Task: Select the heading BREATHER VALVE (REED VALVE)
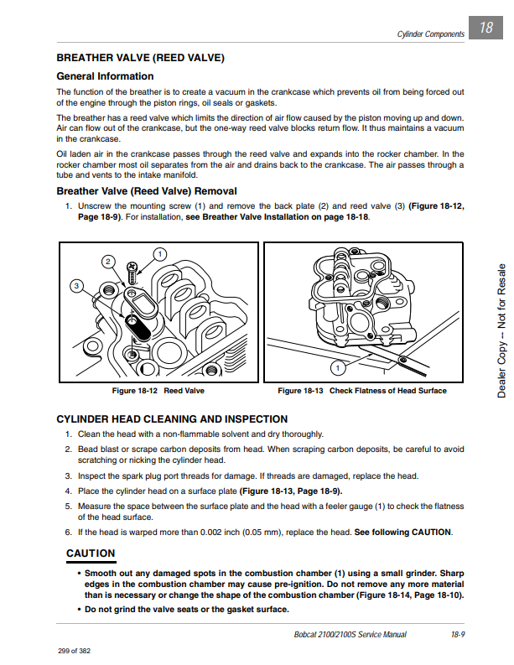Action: tap(140, 58)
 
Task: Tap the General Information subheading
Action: tap(104, 76)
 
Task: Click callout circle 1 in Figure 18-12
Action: tap(159, 253)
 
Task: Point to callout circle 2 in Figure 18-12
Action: tap(107, 262)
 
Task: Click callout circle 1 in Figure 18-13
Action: tap(337, 368)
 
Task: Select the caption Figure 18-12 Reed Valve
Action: tap(158, 391)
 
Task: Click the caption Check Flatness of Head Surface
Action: tap(387, 391)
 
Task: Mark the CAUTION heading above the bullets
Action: tap(91, 553)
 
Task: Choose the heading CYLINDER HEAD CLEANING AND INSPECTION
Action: tap(171, 418)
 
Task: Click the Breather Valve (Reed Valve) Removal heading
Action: tap(146, 191)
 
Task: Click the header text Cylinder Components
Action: tap(430, 34)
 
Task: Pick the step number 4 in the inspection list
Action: tap(68, 491)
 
